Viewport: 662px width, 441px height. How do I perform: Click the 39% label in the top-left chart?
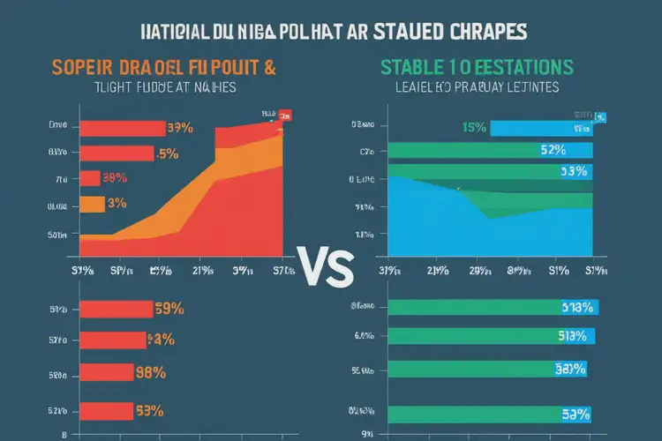click(180, 128)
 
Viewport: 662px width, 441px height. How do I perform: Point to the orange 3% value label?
click(117, 204)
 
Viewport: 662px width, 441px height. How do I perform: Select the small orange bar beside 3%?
click(92, 204)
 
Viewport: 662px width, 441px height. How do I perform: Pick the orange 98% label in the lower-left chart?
click(152, 372)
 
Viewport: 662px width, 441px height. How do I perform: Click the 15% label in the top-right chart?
click(473, 128)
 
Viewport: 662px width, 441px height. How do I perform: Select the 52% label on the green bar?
click(553, 149)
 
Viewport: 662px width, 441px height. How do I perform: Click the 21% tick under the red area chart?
click(201, 271)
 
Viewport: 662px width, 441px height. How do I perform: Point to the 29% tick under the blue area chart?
click(479, 271)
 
